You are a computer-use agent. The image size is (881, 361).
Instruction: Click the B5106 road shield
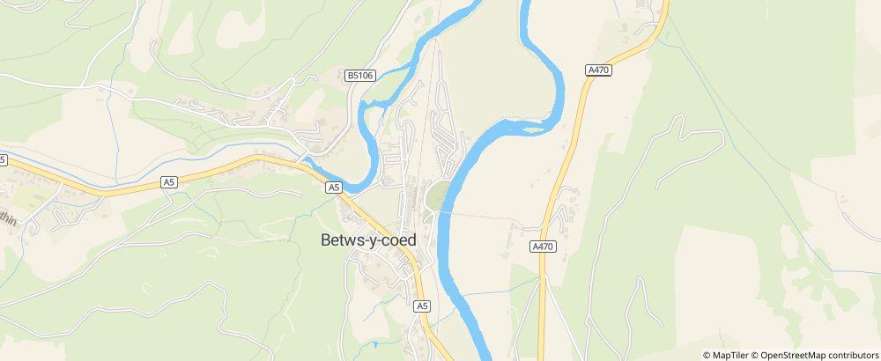[361, 77]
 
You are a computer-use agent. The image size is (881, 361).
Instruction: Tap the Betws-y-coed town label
[368, 239]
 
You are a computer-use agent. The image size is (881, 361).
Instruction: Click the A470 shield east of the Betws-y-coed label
[543, 247]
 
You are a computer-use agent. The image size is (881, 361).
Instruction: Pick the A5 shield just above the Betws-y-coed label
[333, 188]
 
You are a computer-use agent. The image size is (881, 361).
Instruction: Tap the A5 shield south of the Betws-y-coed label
[422, 306]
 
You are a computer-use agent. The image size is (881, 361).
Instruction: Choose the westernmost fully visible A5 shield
[169, 182]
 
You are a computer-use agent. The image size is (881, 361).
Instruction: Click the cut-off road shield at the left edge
[3, 159]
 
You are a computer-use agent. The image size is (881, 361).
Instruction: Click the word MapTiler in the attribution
[732, 355]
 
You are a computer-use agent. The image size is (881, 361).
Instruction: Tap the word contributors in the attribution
[853, 355]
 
